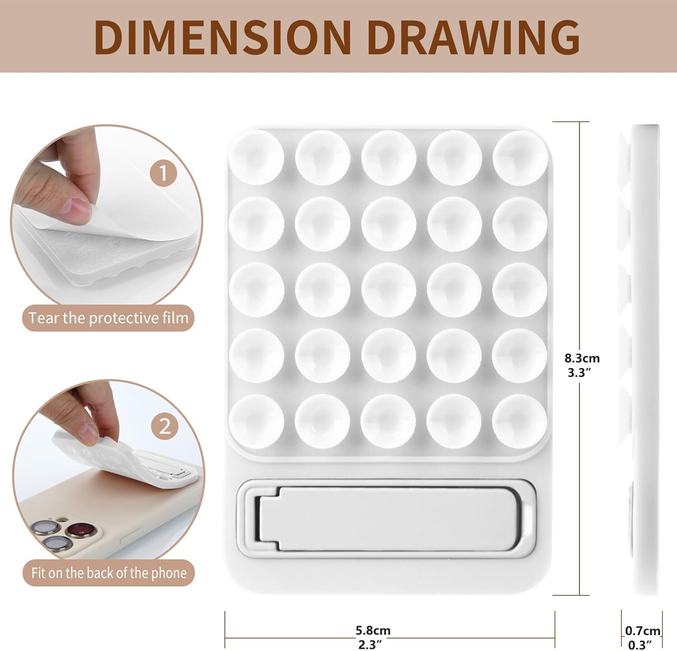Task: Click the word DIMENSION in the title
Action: coord(223,37)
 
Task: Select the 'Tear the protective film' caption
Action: coord(108,318)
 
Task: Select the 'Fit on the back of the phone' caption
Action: coord(108,573)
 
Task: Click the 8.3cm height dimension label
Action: coord(582,358)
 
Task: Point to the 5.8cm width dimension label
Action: coord(373,630)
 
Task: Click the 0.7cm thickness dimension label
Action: coord(643,630)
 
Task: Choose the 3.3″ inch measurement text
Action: coord(579,373)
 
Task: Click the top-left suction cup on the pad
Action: coord(256,158)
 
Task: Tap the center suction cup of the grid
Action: coord(389,290)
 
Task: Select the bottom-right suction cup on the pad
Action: coord(520,422)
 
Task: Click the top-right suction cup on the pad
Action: coord(520,158)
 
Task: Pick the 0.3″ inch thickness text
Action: coord(640,645)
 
